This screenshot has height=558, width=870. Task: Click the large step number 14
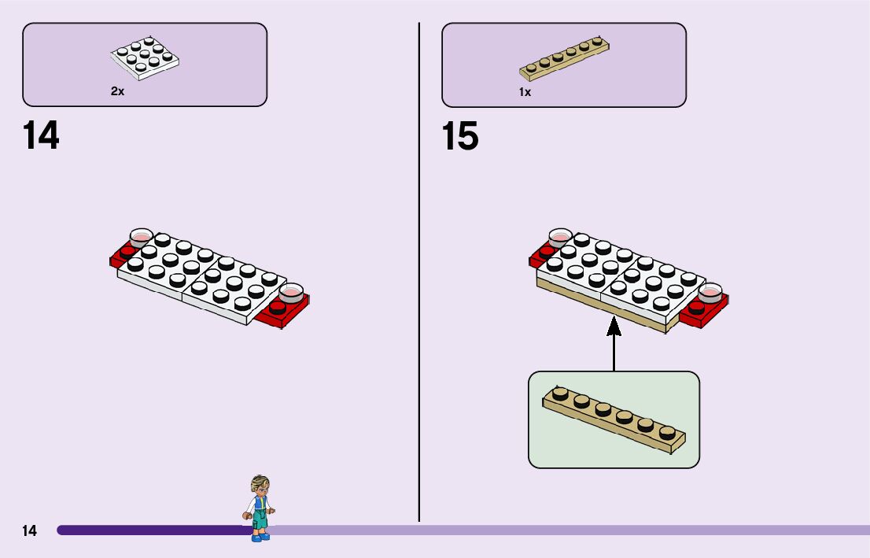(41, 135)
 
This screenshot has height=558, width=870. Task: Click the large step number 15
(460, 136)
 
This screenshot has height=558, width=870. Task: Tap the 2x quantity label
(117, 91)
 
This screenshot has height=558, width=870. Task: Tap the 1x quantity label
(525, 92)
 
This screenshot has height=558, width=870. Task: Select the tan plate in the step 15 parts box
(564, 58)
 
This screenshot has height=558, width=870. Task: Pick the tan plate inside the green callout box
(614, 419)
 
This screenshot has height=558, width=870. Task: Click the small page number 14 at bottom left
(29, 530)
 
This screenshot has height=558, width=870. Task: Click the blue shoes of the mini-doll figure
(260, 537)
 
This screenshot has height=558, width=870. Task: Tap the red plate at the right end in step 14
(291, 313)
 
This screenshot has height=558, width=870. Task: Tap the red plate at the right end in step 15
(708, 314)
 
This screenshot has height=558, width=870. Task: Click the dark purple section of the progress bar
(149, 530)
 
